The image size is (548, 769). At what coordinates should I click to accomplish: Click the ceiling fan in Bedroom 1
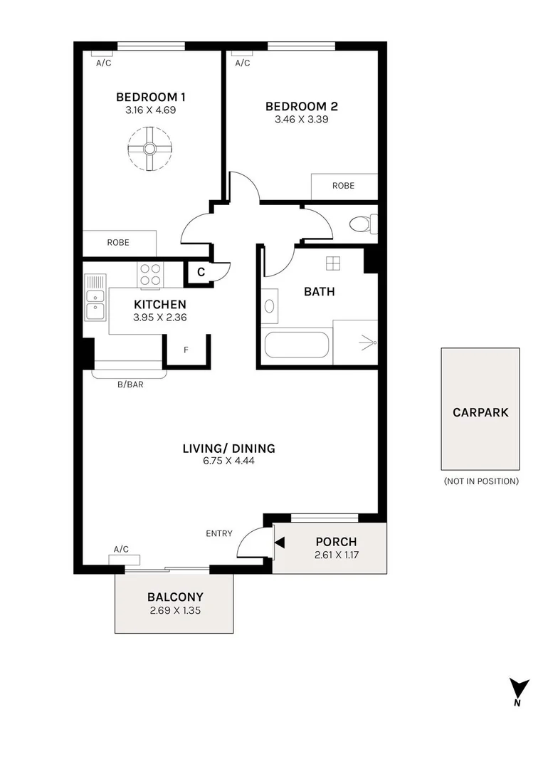click(150, 149)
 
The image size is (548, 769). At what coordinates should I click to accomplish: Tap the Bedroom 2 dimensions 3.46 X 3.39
click(301, 120)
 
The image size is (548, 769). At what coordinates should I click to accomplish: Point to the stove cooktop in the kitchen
click(150, 274)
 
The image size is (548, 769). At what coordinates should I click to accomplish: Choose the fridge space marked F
click(186, 350)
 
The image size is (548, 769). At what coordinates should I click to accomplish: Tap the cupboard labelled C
click(201, 271)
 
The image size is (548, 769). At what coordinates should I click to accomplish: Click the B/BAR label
click(130, 385)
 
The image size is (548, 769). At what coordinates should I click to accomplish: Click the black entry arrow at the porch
click(280, 543)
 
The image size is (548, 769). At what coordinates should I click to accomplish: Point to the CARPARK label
click(480, 412)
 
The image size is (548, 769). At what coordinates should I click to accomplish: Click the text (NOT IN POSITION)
click(480, 481)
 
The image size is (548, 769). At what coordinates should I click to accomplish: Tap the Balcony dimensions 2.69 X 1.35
click(175, 610)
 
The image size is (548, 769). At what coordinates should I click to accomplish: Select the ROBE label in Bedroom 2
click(343, 186)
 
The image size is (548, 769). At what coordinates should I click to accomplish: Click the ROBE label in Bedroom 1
click(118, 242)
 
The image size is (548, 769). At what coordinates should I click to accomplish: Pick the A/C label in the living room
click(121, 549)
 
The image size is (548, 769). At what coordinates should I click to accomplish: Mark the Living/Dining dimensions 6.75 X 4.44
click(228, 461)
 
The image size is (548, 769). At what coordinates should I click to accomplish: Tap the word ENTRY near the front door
click(219, 533)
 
